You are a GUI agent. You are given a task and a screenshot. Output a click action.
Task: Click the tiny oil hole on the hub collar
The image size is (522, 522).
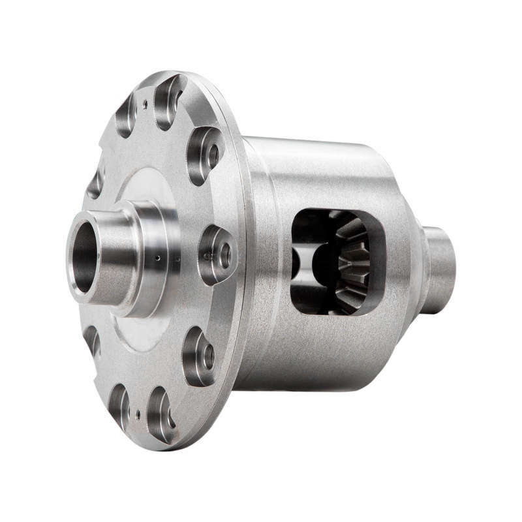[157, 258]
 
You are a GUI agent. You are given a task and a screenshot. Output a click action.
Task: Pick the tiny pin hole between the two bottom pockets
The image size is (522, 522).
[138, 412]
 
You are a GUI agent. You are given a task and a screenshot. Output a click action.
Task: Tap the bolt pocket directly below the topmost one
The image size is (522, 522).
[204, 155]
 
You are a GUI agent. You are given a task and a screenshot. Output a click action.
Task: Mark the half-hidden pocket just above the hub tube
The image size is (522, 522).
[95, 183]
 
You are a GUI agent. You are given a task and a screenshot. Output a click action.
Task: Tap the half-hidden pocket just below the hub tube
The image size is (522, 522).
[92, 339]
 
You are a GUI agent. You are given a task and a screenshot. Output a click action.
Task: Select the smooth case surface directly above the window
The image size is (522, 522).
[326, 176]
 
